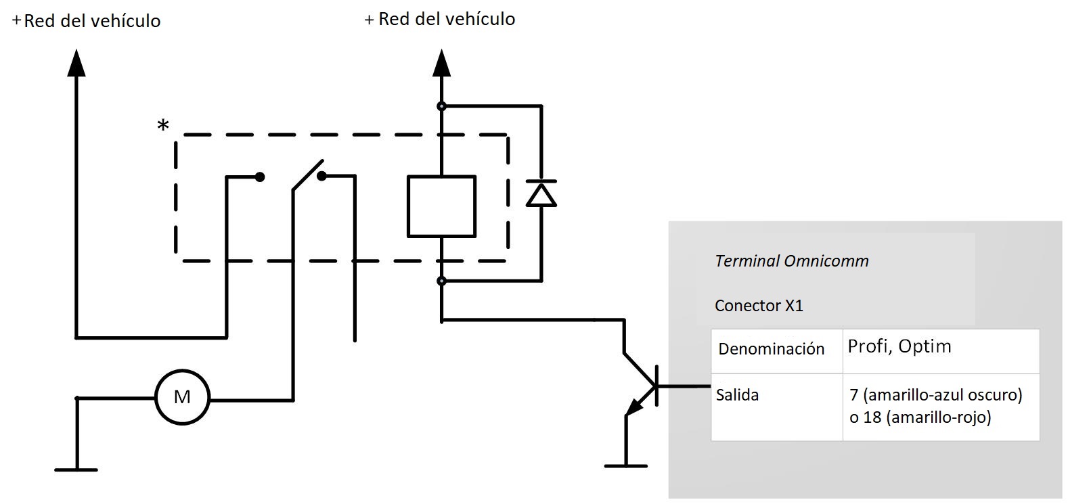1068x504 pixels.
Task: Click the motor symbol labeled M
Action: tap(182, 397)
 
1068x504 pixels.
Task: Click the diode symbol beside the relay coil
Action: tap(541, 194)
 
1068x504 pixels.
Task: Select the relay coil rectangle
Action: tap(441, 206)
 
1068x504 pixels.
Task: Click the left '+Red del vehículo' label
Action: tap(87, 21)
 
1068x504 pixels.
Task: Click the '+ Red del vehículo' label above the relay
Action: tap(440, 19)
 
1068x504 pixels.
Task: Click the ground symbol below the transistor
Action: tap(625, 465)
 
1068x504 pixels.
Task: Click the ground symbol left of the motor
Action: tap(76, 469)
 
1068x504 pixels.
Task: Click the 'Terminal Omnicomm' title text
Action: tap(791, 261)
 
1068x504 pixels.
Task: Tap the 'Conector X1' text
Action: tap(759, 306)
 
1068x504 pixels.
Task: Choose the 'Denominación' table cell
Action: tap(771, 349)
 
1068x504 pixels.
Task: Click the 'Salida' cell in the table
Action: tap(737, 395)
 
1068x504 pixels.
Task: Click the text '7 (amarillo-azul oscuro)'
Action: tap(935, 394)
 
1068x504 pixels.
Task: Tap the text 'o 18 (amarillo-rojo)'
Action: tap(920, 417)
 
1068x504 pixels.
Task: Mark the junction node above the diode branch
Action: tap(441, 106)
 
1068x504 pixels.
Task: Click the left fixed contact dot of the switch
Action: tap(259, 177)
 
